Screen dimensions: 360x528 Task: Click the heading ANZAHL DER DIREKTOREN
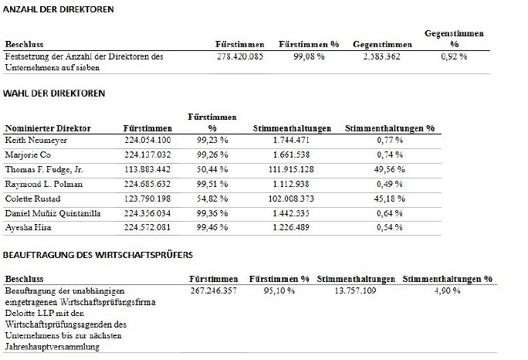[x=59, y=9]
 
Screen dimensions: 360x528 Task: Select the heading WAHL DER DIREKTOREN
[x=54, y=93]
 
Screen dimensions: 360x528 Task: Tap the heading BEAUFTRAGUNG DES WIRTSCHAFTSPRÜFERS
[x=97, y=254]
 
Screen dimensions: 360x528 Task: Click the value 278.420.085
[x=240, y=56]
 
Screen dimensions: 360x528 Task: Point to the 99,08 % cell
[x=309, y=56]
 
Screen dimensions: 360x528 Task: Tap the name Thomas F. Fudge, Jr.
[x=42, y=169]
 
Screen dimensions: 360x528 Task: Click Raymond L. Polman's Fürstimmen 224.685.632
[x=147, y=184]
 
